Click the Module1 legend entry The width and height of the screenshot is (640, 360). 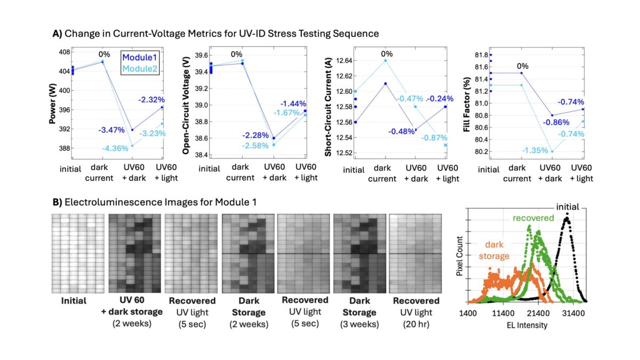click(x=142, y=57)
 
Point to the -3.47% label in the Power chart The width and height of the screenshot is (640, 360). click(x=111, y=130)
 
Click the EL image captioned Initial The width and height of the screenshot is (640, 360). click(x=77, y=253)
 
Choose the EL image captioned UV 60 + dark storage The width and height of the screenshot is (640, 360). click(x=134, y=253)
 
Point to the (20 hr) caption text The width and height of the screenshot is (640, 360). click(x=414, y=322)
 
